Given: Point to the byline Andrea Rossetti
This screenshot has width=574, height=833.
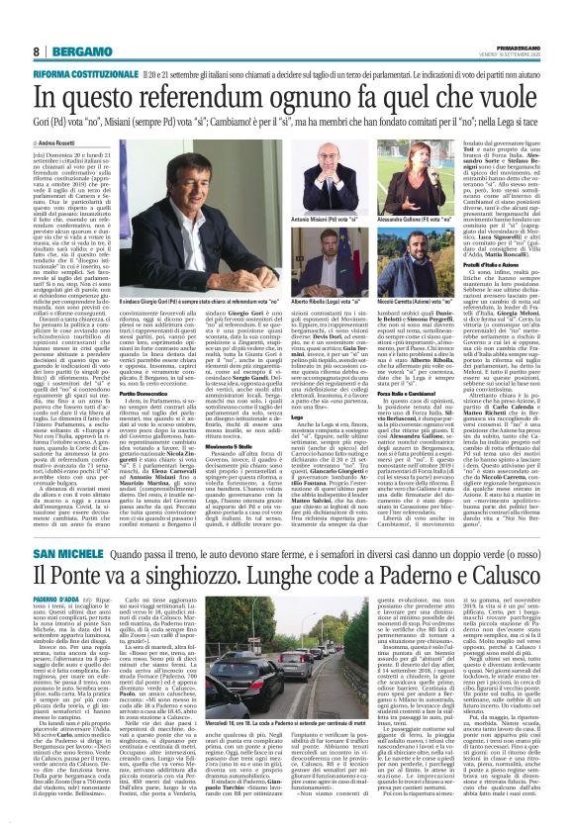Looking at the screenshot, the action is point(34,117).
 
